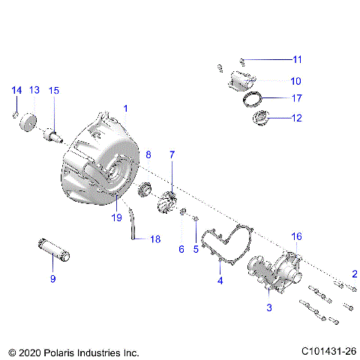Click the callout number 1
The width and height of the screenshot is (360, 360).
(125, 109)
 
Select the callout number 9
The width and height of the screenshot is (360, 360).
(52, 280)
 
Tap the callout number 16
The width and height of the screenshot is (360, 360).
(296, 236)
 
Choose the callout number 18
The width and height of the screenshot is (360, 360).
(155, 239)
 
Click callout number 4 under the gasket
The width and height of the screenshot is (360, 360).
(220, 281)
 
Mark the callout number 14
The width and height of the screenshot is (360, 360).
(16, 90)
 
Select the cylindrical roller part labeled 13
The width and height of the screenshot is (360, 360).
(31, 121)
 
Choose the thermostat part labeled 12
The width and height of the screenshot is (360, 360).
(260, 117)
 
